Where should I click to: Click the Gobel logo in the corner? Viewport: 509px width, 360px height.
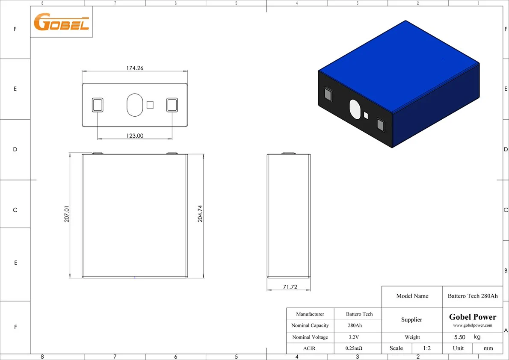coord(61,22)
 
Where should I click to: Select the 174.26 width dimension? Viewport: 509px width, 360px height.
coord(135,68)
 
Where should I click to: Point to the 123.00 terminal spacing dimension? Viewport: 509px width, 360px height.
coord(135,136)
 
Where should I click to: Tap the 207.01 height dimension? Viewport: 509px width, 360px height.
coord(67,214)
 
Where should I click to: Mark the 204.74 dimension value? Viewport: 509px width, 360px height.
coord(200,214)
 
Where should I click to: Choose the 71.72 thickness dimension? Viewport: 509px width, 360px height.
coord(290,287)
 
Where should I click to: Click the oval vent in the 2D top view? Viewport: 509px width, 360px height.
coord(135,105)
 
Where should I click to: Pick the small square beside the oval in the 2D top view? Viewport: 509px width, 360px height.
coord(150,105)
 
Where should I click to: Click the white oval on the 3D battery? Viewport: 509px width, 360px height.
coord(355,109)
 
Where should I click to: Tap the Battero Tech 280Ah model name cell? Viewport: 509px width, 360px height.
coord(473,296)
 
